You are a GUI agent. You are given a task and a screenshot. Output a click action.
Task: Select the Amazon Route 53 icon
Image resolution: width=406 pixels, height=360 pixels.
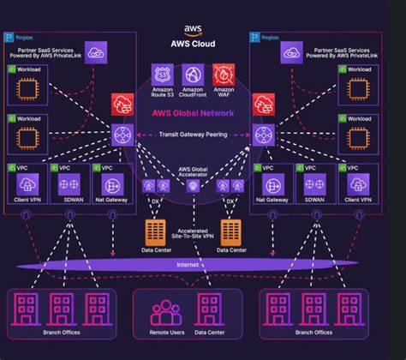(161, 75)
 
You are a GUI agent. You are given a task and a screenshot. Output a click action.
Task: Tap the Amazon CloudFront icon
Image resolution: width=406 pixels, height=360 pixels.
(193, 75)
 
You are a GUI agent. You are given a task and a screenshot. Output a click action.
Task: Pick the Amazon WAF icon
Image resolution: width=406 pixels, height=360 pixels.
(224, 75)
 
